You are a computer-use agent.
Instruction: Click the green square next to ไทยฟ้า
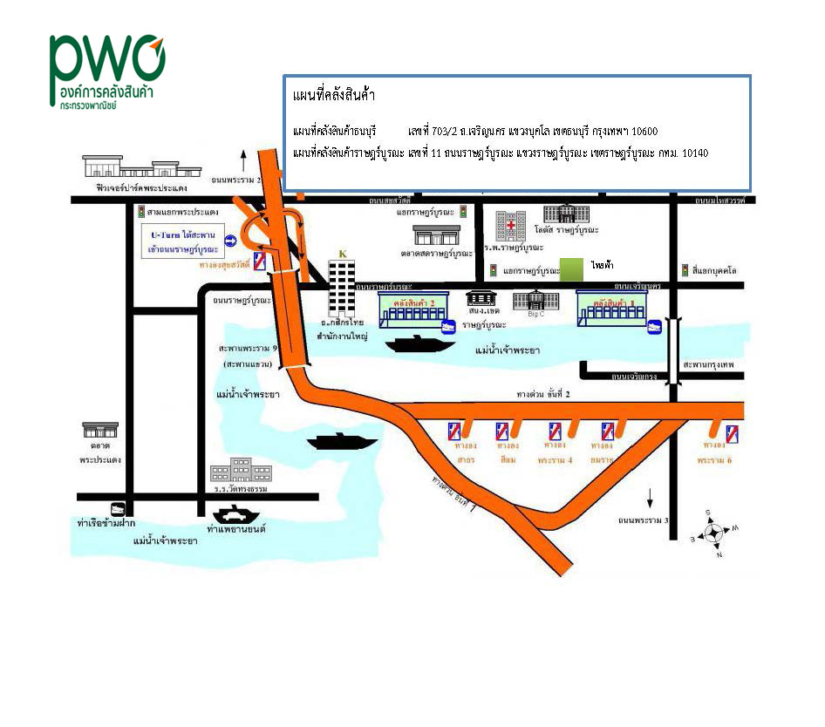[571, 269]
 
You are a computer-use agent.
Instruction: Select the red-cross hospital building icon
[510, 225]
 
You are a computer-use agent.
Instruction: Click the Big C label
[536, 312]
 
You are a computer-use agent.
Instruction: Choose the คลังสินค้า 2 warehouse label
[414, 300]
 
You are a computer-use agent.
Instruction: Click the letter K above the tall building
[342, 254]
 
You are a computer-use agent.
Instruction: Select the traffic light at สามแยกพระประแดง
[141, 212]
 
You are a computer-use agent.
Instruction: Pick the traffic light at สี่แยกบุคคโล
[685, 269]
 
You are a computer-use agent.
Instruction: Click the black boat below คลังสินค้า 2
[420, 343]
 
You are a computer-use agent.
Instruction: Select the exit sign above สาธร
[454, 431]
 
